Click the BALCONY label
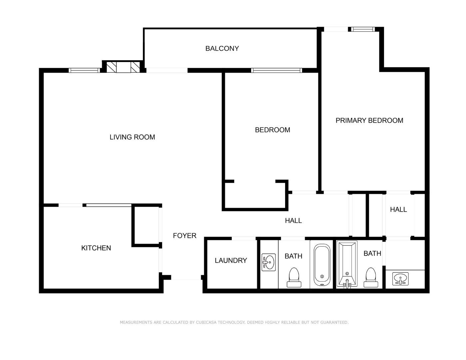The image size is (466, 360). click(222, 48)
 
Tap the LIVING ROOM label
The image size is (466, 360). click(132, 137)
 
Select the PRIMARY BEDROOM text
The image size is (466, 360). click(369, 120)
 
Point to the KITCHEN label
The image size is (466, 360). click(96, 248)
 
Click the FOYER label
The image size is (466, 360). click(185, 236)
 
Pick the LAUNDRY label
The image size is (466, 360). click(231, 260)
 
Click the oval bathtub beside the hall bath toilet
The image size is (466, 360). click(322, 265)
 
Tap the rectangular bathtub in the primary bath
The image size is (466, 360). click(347, 264)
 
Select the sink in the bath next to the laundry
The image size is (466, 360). click(268, 262)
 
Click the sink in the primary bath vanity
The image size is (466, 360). click(400, 279)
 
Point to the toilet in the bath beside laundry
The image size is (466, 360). click(294, 277)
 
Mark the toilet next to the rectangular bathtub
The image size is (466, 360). click(371, 277)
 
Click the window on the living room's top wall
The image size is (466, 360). click(84, 70)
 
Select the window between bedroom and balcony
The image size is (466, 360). click(277, 70)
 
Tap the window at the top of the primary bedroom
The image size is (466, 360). click(363, 29)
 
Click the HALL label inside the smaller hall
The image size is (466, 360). click(398, 209)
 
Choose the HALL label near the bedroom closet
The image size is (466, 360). click(293, 221)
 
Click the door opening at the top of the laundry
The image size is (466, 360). click(244, 238)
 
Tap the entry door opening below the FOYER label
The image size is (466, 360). click(186, 277)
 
